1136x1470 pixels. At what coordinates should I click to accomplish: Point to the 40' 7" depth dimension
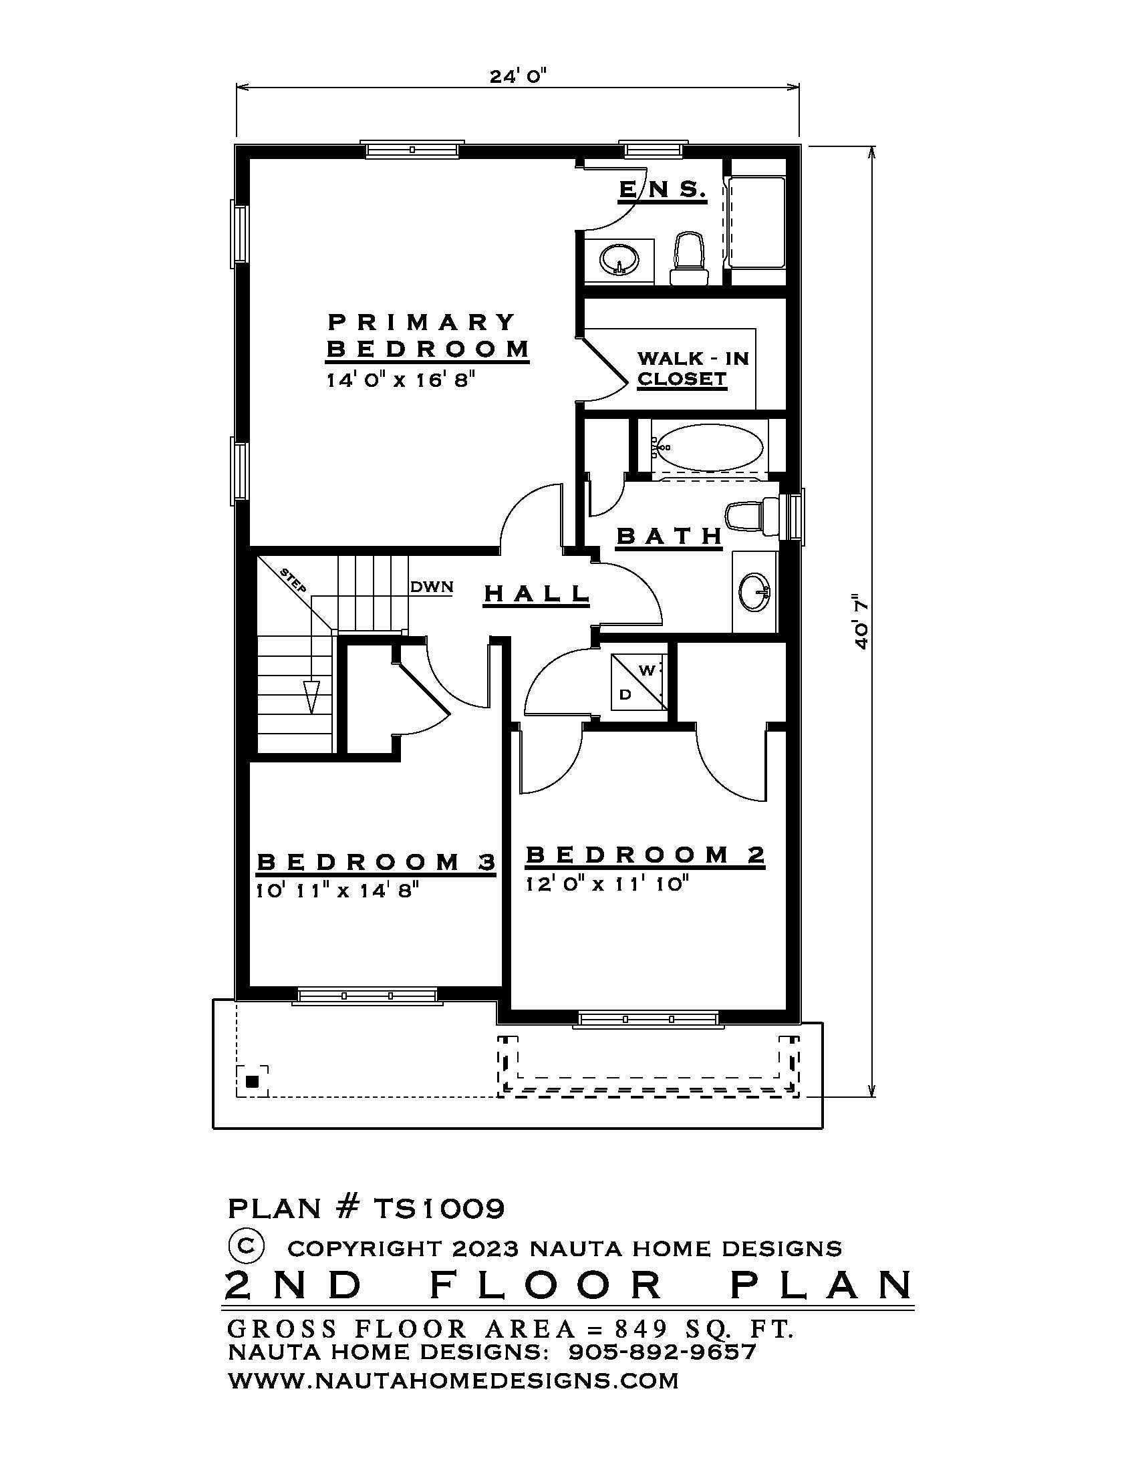click(x=861, y=621)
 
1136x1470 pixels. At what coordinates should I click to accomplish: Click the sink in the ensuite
click(x=617, y=259)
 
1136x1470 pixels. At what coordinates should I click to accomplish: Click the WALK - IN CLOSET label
click(x=692, y=368)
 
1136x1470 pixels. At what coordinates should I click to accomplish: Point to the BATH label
click(x=669, y=537)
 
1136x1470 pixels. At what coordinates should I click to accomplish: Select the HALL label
click(x=537, y=593)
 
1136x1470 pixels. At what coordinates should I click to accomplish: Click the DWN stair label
click(x=432, y=587)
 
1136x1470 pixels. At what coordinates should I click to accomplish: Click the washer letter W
click(x=646, y=670)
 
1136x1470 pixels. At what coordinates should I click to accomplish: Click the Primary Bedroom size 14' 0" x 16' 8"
click(x=401, y=380)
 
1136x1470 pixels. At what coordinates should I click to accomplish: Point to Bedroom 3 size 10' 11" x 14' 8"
click(x=337, y=891)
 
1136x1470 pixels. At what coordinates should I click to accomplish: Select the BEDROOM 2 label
click(x=645, y=855)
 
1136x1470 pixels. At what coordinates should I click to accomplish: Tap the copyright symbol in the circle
click(x=247, y=1245)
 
